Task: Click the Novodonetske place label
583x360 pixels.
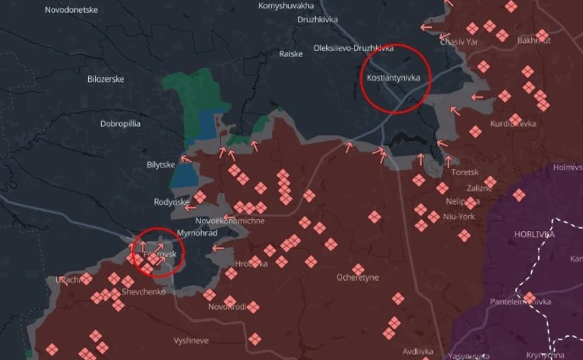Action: (x=71, y=10)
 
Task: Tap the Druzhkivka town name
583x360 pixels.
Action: (x=317, y=20)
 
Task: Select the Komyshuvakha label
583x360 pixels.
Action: (x=286, y=6)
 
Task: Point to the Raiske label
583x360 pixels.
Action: (x=291, y=54)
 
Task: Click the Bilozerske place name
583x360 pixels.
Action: (x=105, y=79)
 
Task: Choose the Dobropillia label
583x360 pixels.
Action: (x=120, y=124)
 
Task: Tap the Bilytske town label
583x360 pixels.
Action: (x=160, y=165)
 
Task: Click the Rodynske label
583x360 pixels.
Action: (x=172, y=202)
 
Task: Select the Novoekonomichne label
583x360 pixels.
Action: (x=230, y=221)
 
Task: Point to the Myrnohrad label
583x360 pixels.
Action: (x=197, y=233)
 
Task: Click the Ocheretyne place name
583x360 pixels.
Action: (x=357, y=277)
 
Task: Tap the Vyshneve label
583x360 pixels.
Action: (x=191, y=341)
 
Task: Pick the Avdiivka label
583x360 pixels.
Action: (x=418, y=351)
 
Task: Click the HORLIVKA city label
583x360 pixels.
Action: (x=534, y=235)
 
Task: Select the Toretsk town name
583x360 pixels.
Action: (x=465, y=172)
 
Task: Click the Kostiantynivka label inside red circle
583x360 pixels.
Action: (x=393, y=78)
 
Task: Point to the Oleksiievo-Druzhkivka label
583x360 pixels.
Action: (x=353, y=48)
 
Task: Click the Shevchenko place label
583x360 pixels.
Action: (x=144, y=292)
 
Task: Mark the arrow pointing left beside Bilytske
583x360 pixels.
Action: (x=186, y=159)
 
